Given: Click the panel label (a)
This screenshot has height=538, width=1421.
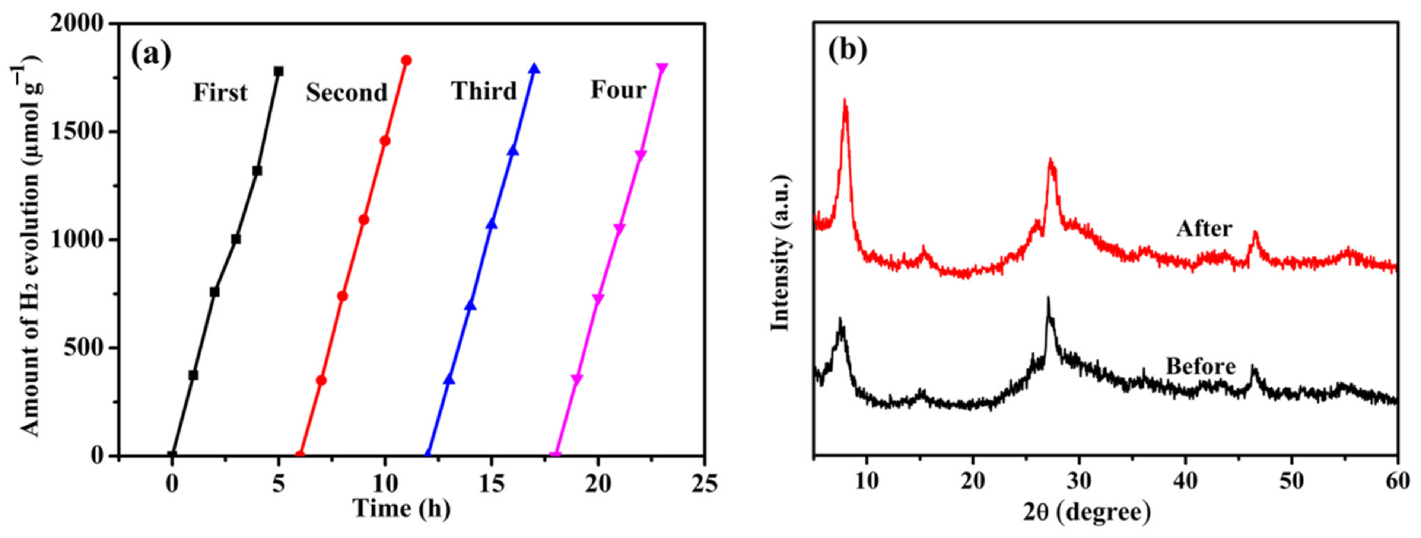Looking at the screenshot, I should pos(151,56).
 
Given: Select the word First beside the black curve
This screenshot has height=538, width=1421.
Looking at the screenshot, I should pos(220,93).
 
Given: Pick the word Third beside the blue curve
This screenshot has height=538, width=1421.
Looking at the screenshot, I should pos(484,91).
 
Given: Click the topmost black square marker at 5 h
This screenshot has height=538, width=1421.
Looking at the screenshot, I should pos(279,71).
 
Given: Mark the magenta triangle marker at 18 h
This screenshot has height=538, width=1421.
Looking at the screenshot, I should pos(556,455).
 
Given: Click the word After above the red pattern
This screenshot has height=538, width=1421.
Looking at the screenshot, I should pos(1204,228).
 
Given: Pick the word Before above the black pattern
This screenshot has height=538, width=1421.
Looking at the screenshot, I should pos(1200,366).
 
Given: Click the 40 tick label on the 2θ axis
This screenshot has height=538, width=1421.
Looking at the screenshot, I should pos(1185,482).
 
